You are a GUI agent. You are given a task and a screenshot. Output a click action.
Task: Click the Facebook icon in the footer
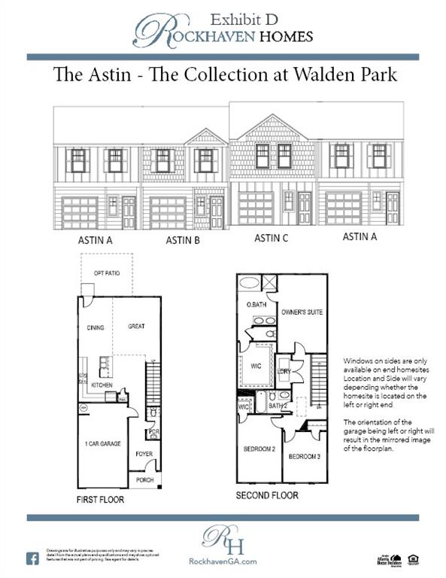point(33,558)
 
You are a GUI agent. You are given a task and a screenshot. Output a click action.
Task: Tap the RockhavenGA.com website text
point(223,561)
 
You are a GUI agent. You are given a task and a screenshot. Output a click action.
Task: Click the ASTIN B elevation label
point(183,241)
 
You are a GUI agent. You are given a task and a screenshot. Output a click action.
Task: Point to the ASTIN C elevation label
point(272,238)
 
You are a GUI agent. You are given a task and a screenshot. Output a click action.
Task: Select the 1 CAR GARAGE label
point(103,445)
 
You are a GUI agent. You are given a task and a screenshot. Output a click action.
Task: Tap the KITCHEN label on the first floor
point(102,385)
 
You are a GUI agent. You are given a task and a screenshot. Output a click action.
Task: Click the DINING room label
point(96,327)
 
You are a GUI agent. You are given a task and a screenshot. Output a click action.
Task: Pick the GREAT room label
point(136,327)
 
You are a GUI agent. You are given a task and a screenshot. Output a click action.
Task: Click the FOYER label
point(144,454)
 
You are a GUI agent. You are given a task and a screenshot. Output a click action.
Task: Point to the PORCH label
point(144,479)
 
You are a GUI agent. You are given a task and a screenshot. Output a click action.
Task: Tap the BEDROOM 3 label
point(304,456)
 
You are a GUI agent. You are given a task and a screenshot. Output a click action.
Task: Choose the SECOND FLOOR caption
point(267,495)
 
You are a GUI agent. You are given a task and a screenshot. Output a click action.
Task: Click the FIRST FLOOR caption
point(101,499)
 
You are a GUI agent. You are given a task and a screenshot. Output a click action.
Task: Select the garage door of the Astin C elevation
point(256,208)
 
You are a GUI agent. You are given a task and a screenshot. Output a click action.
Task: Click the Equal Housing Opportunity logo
point(414,559)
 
